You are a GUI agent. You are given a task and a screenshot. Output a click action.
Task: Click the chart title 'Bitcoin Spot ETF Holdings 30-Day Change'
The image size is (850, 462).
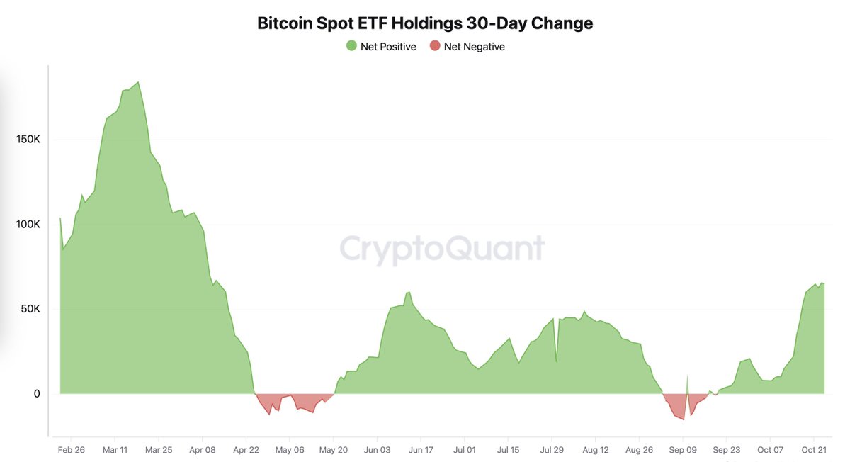coord(425,23)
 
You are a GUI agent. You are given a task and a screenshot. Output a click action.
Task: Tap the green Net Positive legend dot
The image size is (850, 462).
coord(351,46)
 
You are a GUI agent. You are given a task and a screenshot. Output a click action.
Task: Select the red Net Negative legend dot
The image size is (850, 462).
coord(435,46)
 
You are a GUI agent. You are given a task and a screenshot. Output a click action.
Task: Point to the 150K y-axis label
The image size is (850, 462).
coord(28,140)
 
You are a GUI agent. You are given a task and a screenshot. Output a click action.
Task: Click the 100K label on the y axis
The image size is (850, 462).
coord(28,225)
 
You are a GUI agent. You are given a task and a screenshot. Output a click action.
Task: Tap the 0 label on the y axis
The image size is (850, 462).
coord(37,394)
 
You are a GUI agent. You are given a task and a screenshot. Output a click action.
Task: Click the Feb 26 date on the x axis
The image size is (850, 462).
coord(71,450)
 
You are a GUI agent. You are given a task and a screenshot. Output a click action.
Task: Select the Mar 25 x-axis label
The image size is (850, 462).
coord(159,450)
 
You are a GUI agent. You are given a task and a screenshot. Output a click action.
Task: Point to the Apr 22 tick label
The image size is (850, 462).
coord(246,450)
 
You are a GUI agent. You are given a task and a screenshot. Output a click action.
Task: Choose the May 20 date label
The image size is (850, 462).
coord(333,450)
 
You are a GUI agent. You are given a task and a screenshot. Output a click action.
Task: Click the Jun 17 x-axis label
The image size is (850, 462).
coord(421,450)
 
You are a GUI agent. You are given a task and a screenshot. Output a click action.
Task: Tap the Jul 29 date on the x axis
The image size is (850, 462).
coord(552,450)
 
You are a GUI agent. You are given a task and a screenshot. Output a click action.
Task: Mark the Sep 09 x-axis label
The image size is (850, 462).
coord(683,450)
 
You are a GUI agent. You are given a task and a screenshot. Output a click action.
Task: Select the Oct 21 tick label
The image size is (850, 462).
coord(813,450)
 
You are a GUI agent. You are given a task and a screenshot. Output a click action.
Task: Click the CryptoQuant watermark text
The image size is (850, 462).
coord(442,249)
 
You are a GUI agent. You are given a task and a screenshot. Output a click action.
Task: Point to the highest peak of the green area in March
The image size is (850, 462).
coord(138,83)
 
